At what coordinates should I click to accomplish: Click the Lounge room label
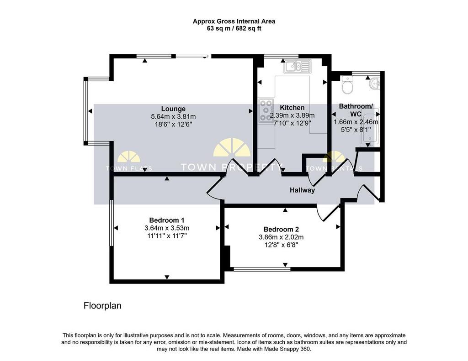[173, 109]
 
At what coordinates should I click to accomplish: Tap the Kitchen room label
[292, 108]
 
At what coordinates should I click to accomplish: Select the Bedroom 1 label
[167, 220]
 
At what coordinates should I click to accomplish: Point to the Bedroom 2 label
[281, 230]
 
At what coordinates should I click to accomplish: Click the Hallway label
[303, 190]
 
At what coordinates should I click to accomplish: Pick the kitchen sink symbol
[298, 67]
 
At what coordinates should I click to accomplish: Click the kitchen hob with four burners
[266, 110]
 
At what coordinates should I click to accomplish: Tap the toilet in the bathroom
[347, 84]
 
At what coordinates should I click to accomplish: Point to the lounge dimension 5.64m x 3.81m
[173, 116]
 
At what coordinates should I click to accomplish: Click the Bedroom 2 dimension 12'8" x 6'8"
[281, 245]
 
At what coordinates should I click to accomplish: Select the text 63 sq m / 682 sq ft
[234, 29]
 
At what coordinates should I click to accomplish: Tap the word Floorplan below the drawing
[102, 306]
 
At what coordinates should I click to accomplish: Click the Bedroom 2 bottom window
[262, 269]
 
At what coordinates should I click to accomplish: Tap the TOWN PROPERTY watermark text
[232, 167]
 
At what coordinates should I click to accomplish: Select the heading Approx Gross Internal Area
[234, 21]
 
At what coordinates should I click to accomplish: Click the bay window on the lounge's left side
[86, 111]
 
